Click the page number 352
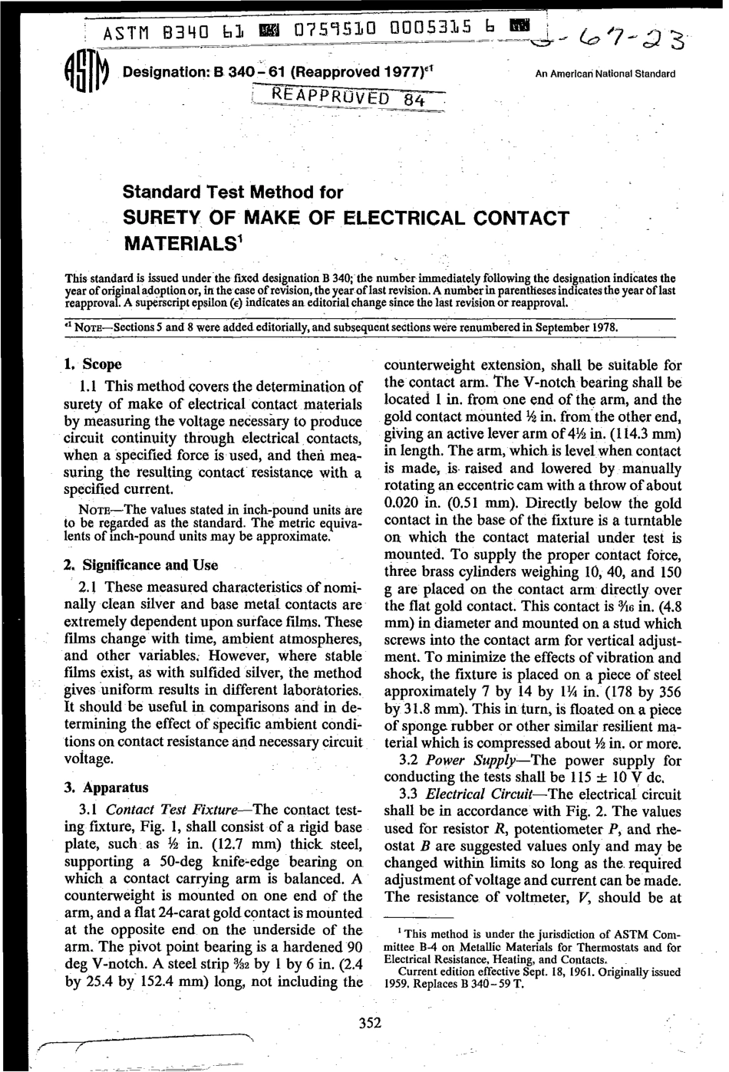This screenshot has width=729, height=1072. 370,1022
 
